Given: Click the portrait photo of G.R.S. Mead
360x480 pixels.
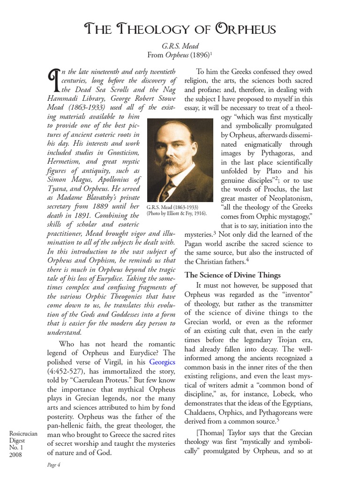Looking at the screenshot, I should tap(180, 160).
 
